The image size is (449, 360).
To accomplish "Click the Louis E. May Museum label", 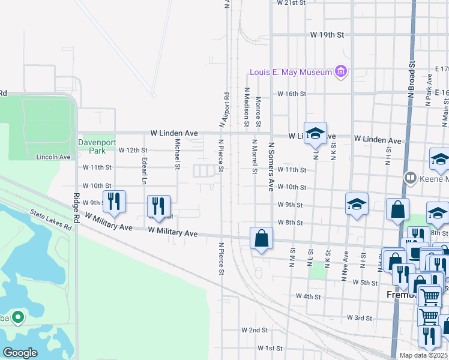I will [x=291, y=73].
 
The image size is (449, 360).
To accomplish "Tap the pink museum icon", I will [x=341, y=73].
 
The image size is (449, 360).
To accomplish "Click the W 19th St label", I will [x=326, y=35].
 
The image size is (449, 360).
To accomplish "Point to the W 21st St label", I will [x=291, y=2].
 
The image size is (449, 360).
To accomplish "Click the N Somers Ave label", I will [x=271, y=167].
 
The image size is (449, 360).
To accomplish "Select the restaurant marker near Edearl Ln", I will [x=158, y=206].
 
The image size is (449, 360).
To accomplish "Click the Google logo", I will [x=20, y=352].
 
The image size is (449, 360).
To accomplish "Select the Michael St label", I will [x=177, y=154].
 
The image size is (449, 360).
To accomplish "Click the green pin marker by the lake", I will [x=18, y=317].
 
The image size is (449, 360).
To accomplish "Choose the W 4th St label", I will [x=309, y=296].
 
